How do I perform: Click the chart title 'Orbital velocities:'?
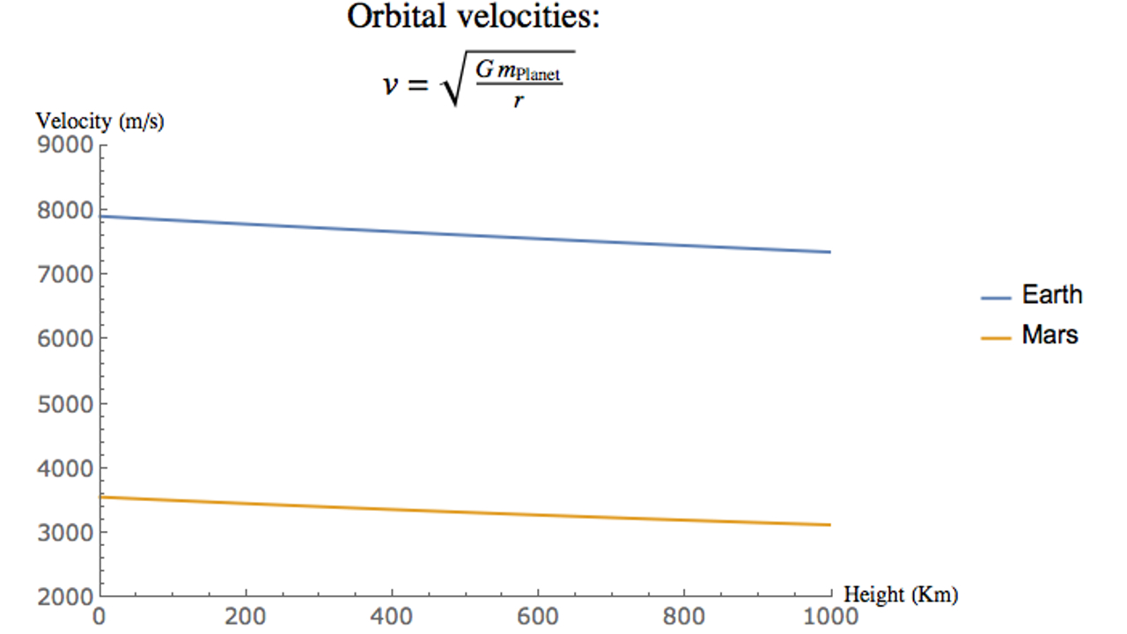473,17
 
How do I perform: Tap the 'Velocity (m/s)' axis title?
99,122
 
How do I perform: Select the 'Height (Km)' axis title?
901,594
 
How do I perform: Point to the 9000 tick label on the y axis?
66,145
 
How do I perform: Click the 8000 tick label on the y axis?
66,210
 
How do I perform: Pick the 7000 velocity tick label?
66,275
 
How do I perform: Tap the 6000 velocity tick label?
66,339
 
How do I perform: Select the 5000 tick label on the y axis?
66,404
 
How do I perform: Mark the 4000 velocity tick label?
66,468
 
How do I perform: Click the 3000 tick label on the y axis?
66,533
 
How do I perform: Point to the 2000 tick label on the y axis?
66,597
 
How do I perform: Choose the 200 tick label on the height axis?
246,616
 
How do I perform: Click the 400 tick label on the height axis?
392,616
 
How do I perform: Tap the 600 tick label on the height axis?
538,616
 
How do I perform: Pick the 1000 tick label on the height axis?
830,616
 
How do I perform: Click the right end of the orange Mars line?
829,525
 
